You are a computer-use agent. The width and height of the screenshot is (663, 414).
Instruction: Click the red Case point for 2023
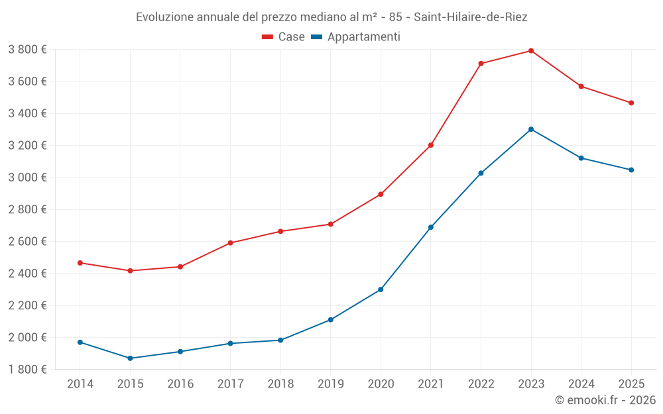point(531,50)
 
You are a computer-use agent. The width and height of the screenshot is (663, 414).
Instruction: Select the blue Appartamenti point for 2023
point(531,129)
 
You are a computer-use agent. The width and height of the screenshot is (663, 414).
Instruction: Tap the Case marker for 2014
point(80,263)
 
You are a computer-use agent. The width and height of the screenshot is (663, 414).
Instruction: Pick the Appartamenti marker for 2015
point(130,358)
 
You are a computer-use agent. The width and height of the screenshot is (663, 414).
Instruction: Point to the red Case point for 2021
point(431,145)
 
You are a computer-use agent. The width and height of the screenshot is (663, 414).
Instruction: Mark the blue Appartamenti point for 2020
point(381,289)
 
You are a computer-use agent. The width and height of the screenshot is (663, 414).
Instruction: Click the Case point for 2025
point(631,103)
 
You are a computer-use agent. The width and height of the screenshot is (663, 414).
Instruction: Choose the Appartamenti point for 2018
point(280,340)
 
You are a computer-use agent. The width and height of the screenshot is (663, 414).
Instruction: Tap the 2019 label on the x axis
point(330,384)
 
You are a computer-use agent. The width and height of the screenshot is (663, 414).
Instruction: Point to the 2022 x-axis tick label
point(481,384)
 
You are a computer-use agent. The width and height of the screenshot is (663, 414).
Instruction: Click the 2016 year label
point(180,384)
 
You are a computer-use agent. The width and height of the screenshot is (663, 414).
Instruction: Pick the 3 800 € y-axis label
point(27,50)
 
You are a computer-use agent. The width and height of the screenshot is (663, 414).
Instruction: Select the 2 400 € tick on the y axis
point(27,274)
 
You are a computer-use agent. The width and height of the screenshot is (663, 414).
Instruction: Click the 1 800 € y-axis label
point(27,370)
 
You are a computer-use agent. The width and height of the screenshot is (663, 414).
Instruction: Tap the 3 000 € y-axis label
point(27,178)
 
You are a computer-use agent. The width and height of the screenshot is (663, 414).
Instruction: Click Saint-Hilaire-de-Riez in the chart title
point(471,17)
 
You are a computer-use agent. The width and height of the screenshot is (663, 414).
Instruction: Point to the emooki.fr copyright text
point(605,400)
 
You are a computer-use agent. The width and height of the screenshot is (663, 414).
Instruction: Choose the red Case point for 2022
point(481,64)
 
